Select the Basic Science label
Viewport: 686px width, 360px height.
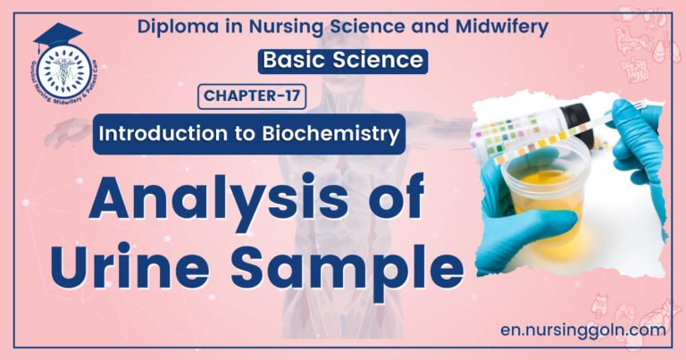(343, 61)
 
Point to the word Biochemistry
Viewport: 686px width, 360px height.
(337, 135)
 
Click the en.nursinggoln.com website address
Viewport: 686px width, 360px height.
(584, 329)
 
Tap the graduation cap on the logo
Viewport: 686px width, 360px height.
(58, 37)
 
